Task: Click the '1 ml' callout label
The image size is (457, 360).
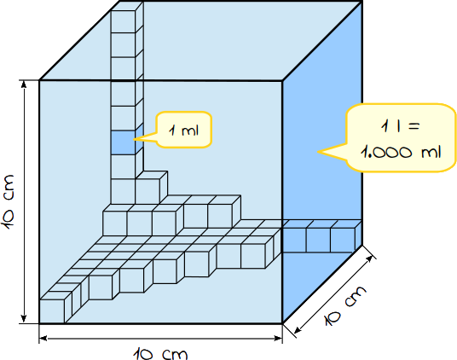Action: point(184,130)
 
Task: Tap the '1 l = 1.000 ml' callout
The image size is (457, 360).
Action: point(401,138)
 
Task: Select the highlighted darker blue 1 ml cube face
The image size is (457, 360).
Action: point(123,142)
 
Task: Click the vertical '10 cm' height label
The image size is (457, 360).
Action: point(9,201)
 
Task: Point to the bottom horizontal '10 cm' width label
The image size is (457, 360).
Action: point(160,353)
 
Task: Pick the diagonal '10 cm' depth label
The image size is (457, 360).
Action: point(345,305)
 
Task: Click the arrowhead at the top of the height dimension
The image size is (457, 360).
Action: point(24,84)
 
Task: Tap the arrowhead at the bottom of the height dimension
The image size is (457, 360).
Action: point(24,318)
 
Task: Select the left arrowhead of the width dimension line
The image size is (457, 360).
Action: point(43,338)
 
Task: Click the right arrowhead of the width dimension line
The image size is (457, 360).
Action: point(278,338)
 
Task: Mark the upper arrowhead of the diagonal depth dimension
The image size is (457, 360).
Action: point(369,258)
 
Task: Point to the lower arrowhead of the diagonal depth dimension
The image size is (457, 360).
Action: point(298,329)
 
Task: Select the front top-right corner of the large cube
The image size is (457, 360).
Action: point(282,81)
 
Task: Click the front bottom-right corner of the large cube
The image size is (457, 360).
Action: point(282,323)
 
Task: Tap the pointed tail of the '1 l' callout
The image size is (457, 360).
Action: point(318,152)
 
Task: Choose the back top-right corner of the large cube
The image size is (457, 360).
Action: point(362,2)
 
